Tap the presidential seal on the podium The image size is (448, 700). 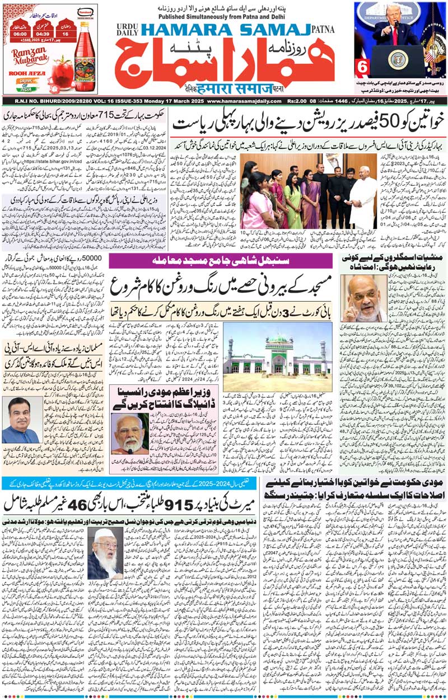[399, 59]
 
